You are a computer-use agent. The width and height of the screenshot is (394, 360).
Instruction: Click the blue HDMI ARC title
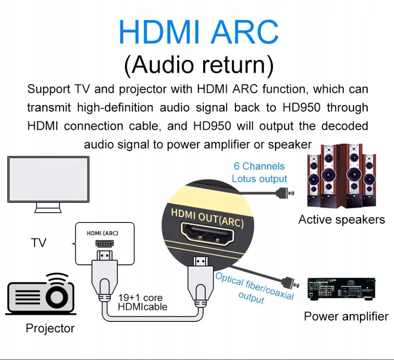[198, 32]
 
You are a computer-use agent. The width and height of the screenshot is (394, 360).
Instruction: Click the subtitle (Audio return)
[198, 64]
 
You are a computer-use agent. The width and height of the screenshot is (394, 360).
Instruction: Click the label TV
[39, 243]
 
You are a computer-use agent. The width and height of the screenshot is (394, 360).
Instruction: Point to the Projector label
[50, 328]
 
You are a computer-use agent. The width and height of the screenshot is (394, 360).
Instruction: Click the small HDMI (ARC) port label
[102, 233]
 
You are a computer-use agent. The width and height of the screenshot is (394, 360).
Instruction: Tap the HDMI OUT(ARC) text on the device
[207, 218]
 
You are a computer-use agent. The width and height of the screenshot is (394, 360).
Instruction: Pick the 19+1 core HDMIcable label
[143, 302]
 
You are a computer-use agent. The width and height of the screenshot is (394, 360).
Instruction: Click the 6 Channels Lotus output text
[259, 172]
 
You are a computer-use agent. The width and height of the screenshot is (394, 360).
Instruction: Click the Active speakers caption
[341, 219]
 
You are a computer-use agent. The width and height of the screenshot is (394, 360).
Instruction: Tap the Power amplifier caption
[346, 316]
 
